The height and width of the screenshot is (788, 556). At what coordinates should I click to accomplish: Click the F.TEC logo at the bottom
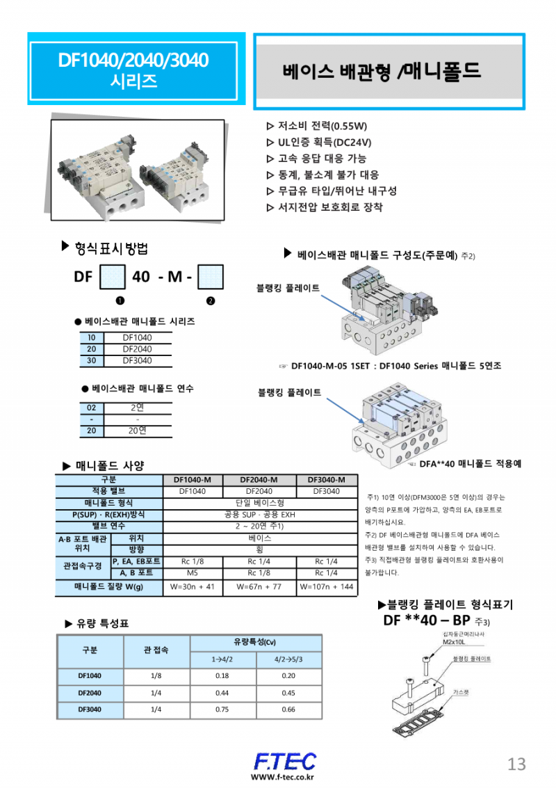click(284, 761)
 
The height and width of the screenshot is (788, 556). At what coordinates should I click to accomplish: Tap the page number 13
click(516, 764)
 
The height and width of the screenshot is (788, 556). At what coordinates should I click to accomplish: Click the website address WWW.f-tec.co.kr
click(284, 777)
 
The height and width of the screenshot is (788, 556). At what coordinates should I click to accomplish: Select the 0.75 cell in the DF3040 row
click(222, 709)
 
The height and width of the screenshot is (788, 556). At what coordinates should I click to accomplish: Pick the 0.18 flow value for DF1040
click(222, 675)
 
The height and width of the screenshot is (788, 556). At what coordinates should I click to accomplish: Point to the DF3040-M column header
click(327, 479)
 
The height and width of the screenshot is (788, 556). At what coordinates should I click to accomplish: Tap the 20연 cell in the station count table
click(138, 431)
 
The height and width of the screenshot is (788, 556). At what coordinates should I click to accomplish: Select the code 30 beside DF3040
click(91, 360)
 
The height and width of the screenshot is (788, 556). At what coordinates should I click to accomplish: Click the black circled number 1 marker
click(120, 300)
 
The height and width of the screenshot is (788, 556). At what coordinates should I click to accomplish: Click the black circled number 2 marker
click(210, 300)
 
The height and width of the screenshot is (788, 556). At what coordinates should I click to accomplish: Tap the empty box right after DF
click(113, 277)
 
